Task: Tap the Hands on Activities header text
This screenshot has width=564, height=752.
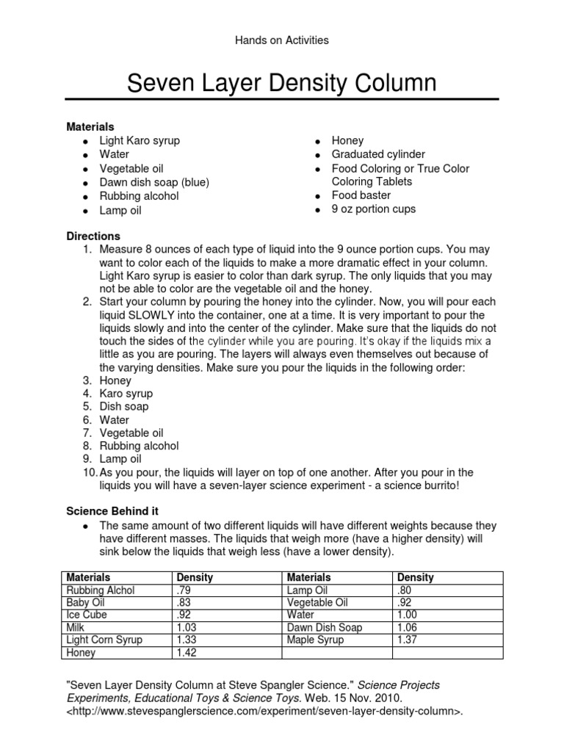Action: (x=281, y=40)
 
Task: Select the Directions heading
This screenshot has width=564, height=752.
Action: (x=93, y=236)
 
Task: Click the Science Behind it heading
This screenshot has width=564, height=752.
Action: (x=112, y=510)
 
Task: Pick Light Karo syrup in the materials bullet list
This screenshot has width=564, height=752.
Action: (x=140, y=140)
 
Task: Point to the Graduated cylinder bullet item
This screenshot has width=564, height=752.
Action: (x=377, y=154)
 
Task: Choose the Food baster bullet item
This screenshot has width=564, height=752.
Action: (x=361, y=195)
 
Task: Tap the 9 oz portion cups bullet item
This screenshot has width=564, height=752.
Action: (x=373, y=209)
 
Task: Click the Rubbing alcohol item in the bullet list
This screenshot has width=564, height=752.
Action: (x=139, y=196)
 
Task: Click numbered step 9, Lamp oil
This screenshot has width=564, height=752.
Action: (x=120, y=459)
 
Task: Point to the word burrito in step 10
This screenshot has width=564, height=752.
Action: (x=438, y=486)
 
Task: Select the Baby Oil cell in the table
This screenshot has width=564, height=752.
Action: (x=86, y=603)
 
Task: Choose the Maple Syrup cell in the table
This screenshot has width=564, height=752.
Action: (x=315, y=640)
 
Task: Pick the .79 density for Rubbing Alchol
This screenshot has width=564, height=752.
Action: (x=184, y=590)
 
